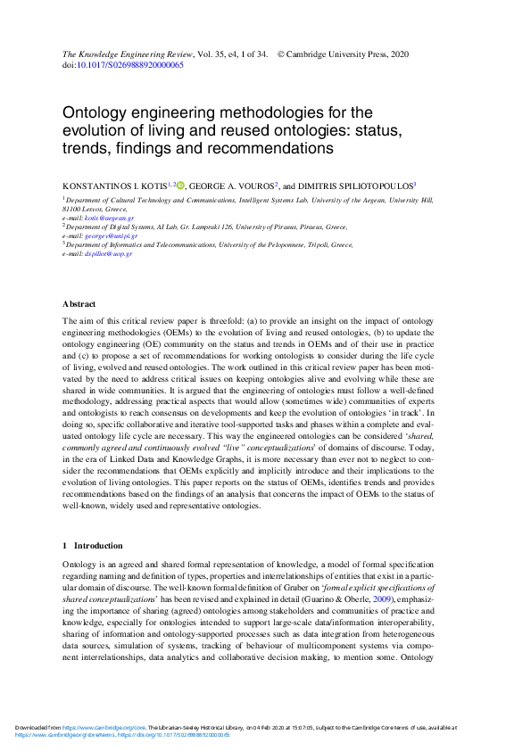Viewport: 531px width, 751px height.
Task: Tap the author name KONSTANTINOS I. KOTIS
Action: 114,186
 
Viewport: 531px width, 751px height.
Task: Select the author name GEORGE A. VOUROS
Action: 230,186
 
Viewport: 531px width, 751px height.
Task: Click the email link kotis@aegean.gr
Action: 109,218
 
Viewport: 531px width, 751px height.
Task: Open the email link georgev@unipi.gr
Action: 113,235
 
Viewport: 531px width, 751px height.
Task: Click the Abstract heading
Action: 79,305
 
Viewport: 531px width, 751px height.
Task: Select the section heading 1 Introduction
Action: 93,545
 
